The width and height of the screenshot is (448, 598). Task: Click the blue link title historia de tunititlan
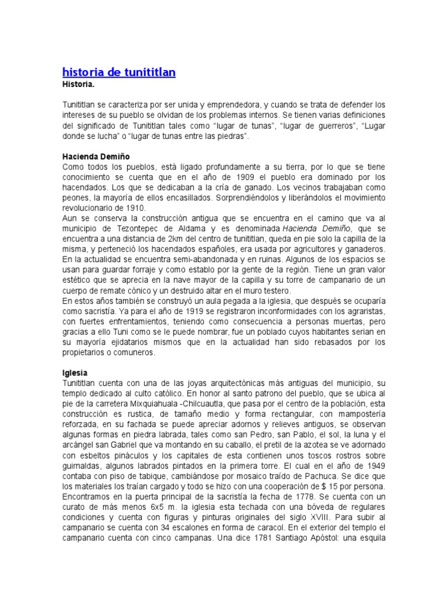(x=118, y=72)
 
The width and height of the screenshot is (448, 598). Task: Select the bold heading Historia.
(x=79, y=84)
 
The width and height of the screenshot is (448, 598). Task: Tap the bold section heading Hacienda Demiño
(x=96, y=157)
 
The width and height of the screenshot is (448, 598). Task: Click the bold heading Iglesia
(x=74, y=372)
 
